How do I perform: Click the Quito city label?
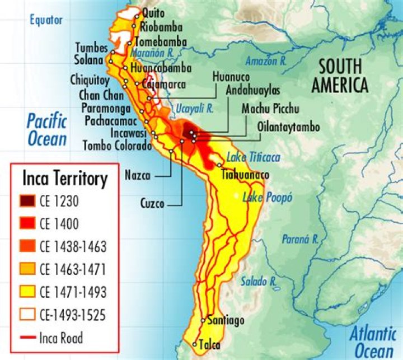tap(153, 12)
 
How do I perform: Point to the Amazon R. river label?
tap(266, 60)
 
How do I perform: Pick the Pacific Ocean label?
tap(47, 130)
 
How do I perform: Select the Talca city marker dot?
tap(195, 344)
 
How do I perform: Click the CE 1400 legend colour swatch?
tap(29, 223)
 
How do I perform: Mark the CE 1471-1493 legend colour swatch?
tap(29, 292)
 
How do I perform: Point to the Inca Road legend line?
tap(29, 338)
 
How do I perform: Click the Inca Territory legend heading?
tap(65, 179)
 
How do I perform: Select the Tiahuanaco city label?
tap(245, 175)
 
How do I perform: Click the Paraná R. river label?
tap(299, 239)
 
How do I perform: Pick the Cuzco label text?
tap(152, 204)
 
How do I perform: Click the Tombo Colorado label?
tap(117, 146)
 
